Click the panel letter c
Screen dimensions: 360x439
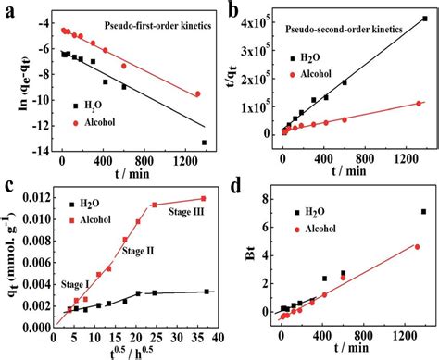pos(9,187)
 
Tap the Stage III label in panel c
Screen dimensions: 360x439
pos(181,213)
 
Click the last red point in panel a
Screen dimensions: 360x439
pos(197,93)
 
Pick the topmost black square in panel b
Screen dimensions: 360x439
pos(423,19)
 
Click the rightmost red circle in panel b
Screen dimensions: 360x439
pos(418,104)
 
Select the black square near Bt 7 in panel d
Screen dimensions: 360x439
pos(424,212)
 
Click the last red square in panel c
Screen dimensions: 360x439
pos(202,198)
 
